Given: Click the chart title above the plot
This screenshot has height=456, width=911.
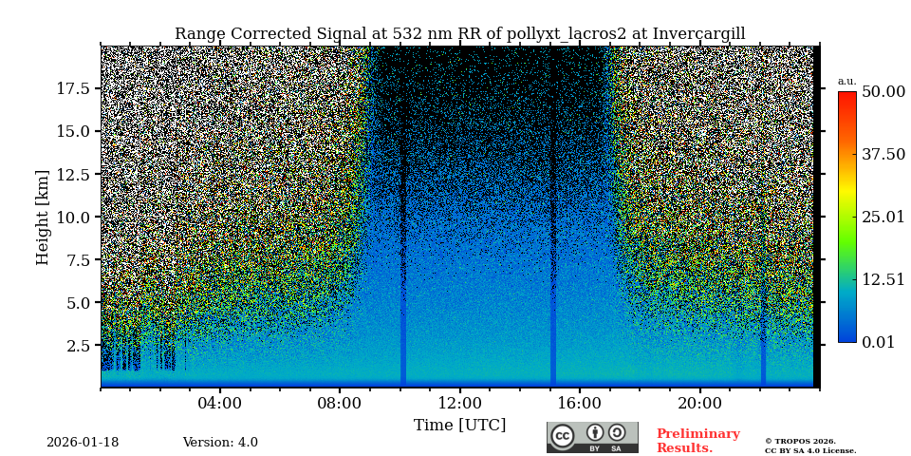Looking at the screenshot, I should coord(459,34).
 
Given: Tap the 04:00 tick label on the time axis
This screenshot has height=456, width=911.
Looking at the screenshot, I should coord(220,404).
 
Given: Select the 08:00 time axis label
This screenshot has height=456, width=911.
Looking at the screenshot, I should coord(340,404).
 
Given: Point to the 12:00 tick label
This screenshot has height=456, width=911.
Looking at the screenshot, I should coord(459,404).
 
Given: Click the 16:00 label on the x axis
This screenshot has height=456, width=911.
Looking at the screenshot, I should coord(579,404).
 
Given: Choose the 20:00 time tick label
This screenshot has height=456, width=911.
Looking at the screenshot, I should coord(699,404).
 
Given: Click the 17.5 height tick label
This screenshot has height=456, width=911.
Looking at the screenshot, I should coord(73,88).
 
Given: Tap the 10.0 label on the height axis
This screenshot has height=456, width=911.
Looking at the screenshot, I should coord(73,217).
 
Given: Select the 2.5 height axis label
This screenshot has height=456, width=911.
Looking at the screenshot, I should coord(78,345).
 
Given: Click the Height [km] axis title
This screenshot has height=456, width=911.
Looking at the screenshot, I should coord(43,217).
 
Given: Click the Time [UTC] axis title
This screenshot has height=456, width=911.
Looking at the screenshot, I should coord(459,426).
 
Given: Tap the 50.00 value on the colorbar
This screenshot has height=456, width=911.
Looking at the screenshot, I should coord(883,91).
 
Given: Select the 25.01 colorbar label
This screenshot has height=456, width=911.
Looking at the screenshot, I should coord(883,217).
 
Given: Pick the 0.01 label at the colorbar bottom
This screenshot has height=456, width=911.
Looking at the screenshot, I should coord(878,342).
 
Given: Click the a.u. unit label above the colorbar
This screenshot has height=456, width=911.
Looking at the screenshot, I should coord(846,81).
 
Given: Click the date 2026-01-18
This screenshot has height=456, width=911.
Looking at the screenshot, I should coord(83,443).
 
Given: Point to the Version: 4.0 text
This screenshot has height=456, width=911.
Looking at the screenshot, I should coord(220,443).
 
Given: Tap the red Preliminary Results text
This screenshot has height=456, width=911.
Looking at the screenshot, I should coord(697,441).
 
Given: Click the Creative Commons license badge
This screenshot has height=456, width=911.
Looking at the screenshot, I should coord(592,437).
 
